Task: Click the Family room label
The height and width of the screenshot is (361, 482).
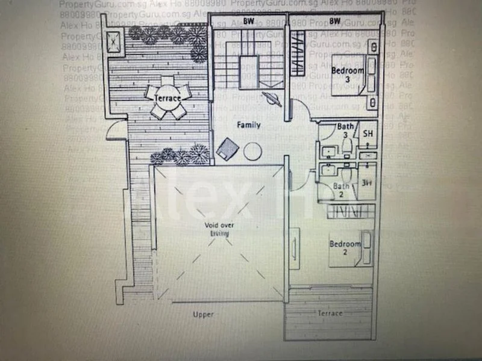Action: [x=248, y=125]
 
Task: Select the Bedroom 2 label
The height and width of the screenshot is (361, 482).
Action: [x=345, y=247]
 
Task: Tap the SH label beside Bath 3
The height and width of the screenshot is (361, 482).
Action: [x=368, y=135]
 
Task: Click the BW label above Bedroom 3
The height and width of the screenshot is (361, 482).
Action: [x=336, y=21]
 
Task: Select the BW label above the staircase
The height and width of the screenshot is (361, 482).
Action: [x=248, y=21]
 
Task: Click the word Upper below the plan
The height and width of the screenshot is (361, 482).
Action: [x=203, y=315]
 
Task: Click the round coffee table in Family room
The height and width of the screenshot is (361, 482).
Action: [x=253, y=150]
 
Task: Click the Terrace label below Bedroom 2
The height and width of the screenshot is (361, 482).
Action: [x=330, y=313]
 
